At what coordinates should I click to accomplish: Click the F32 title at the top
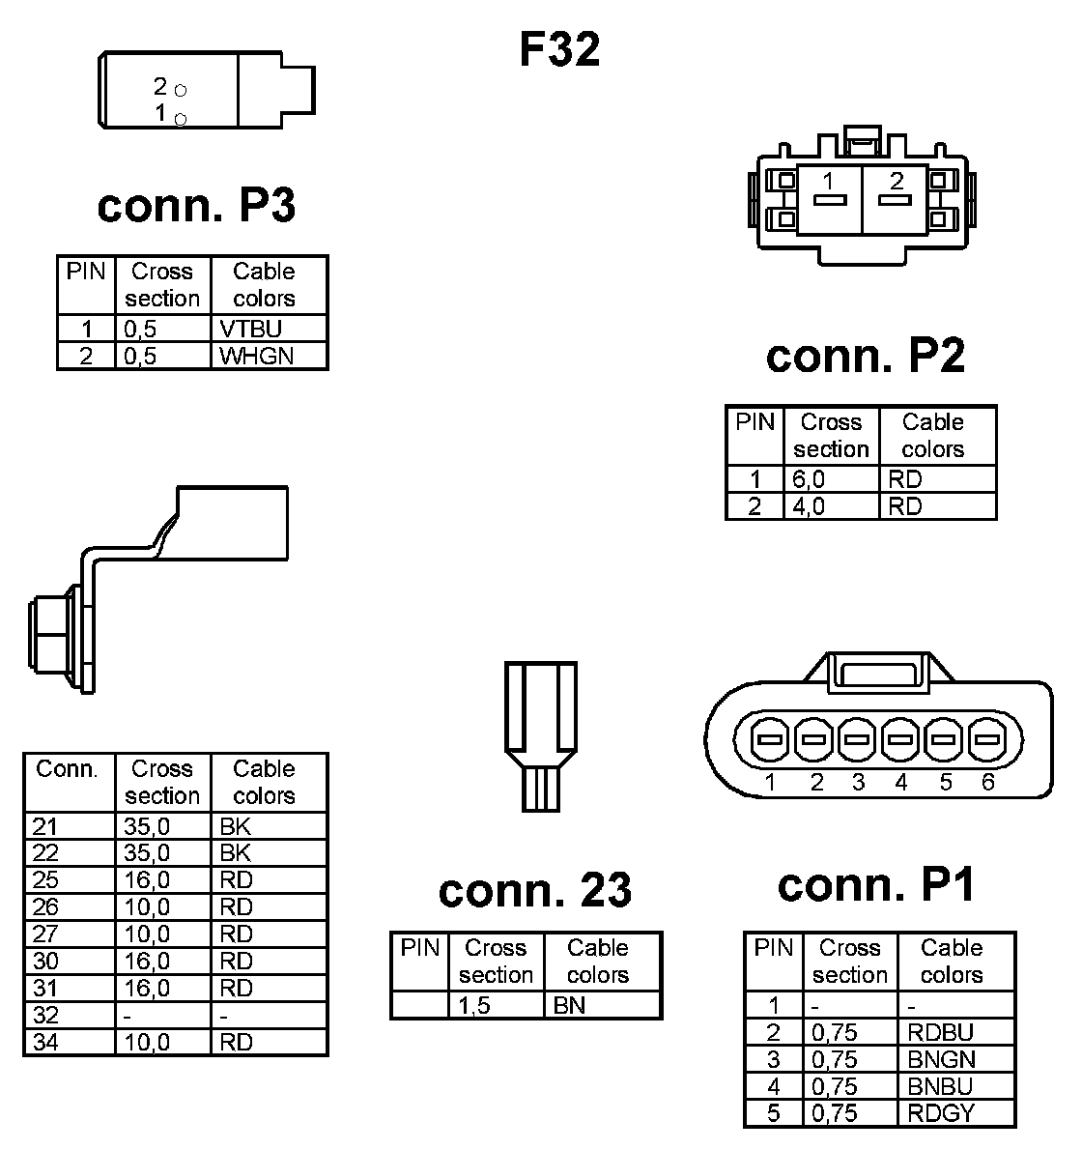coord(559,49)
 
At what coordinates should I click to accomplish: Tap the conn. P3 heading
coord(196,205)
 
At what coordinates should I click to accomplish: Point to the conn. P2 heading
coord(865,356)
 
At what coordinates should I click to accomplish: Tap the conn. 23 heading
coord(534,890)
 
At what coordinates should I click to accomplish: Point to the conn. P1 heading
coord(876,884)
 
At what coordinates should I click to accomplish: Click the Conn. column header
coord(67,769)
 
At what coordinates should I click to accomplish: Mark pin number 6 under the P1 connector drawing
coord(987,783)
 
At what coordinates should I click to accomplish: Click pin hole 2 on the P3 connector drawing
coord(181,90)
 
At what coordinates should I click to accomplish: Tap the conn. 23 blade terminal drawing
coord(540,734)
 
